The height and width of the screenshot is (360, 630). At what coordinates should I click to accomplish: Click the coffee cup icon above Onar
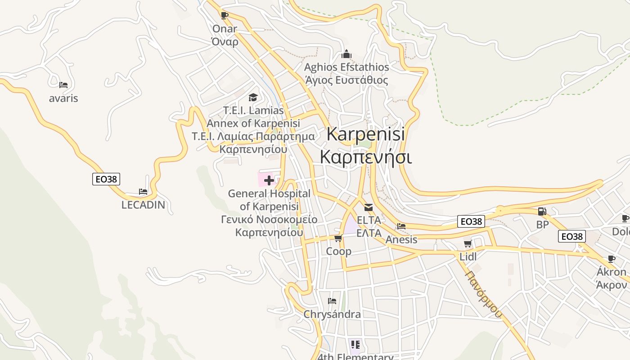(x=225, y=16)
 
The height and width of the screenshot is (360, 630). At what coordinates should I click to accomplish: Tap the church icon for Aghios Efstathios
(x=346, y=54)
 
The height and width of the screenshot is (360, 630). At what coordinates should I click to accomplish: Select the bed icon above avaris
(x=63, y=85)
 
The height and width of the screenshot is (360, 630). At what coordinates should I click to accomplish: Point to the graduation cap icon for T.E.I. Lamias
(x=253, y=97)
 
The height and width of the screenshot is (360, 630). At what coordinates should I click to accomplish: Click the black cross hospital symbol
(x=269, y=180)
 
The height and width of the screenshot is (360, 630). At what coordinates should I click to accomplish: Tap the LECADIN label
(x=143, y=205)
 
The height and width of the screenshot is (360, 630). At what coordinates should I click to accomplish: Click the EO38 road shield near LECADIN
(x=107, y=179)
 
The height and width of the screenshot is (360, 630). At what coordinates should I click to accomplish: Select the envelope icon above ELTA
(x=369, y=207)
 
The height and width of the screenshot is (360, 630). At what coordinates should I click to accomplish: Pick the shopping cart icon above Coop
(x=338, y=238)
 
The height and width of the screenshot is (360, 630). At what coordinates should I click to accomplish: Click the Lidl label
(x=468, y=256)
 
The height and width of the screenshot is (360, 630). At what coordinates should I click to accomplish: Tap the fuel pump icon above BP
(x=542, y=211)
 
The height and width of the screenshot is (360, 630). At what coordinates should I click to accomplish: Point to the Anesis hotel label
(x=401, y=239)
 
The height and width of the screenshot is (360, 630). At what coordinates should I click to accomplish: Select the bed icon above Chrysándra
(x=332, y=301)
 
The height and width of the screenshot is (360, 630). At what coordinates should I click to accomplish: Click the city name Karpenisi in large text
(x=365, y=134)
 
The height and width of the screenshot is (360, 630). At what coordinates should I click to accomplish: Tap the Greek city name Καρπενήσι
(x=365, y=157)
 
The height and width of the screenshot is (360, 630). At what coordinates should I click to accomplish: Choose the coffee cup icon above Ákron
(x=611, y=259)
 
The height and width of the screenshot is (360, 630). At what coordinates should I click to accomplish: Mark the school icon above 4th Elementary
(x=355, y=345)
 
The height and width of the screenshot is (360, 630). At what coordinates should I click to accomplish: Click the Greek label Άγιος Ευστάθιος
(x=346, y=81)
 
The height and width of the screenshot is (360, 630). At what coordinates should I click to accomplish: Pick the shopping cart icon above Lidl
(x=468, y=244)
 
